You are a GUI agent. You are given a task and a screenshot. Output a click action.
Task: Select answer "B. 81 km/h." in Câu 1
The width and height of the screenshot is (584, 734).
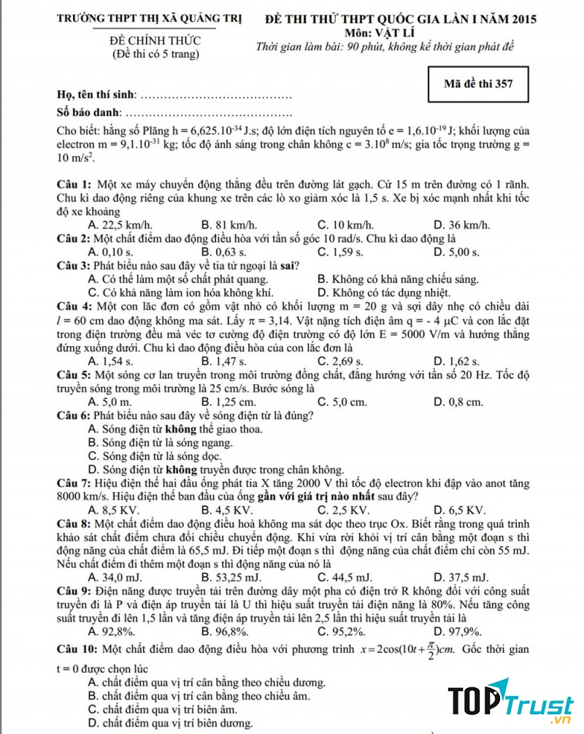[x=228, y=224]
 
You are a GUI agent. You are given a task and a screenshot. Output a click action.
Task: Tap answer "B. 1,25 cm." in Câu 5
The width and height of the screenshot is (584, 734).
[x=228, y=402]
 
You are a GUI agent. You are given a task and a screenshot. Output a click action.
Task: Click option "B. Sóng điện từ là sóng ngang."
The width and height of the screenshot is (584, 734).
[x=160, y=443]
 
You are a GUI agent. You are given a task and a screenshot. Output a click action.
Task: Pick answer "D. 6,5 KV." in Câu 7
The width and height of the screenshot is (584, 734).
[x=459, y=509]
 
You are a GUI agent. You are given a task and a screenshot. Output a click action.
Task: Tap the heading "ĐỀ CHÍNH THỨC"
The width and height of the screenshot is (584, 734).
[x=154, y=42]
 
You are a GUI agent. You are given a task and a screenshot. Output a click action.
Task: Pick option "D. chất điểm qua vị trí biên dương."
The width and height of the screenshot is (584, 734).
[x=170, y=723]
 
